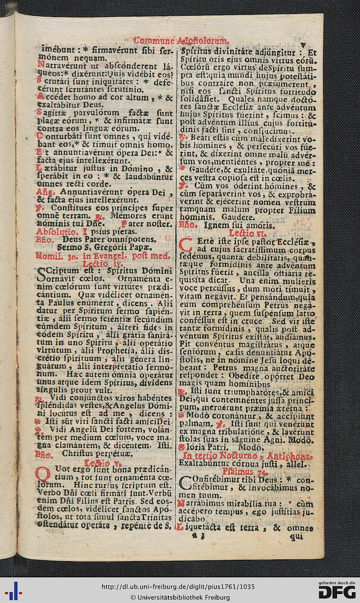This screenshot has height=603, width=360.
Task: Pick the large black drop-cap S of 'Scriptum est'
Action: pyautogui.click(x=45, y=276)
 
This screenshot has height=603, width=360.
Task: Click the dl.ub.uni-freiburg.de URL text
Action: pyautogui.click(x=179, y=587)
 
